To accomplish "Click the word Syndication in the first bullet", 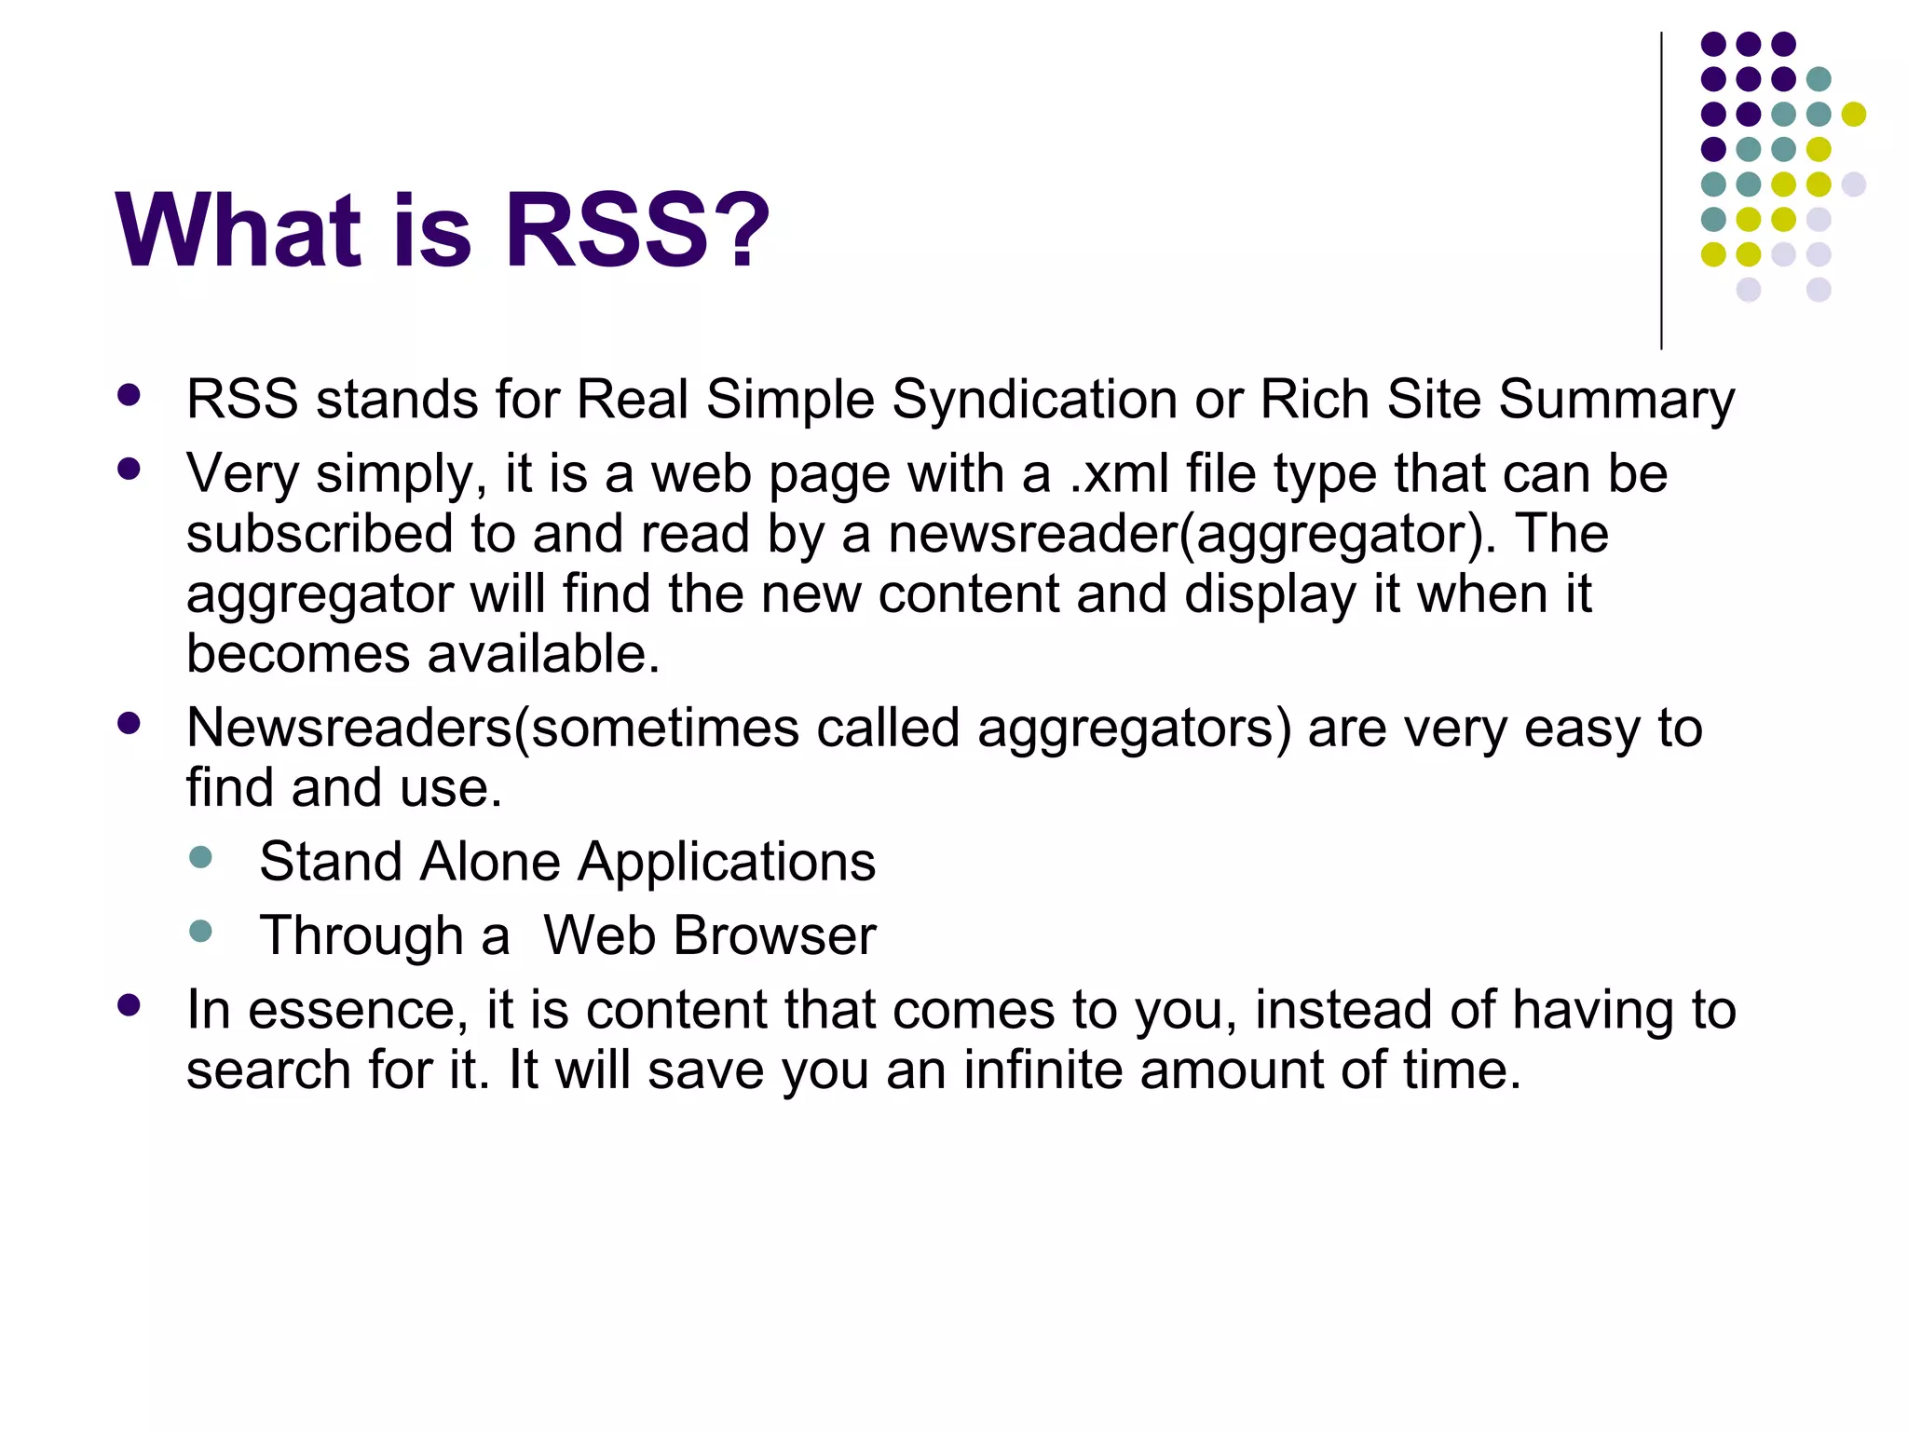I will pos(1035,401).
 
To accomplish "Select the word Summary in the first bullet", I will pos(1616,401).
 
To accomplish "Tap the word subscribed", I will pos(320,535).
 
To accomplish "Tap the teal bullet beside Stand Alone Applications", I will pos(200,857).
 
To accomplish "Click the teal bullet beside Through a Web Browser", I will pos(200,931).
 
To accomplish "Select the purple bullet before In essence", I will pos(129,1005).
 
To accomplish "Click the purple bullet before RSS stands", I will pos(129,395).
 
